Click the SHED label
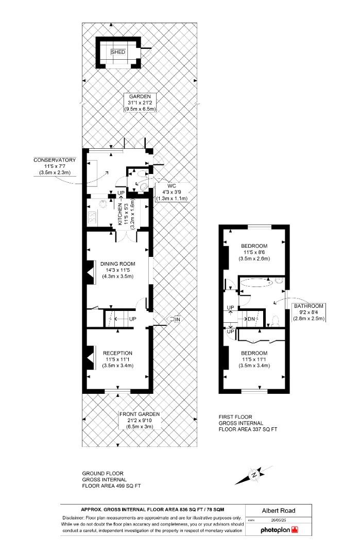click(118, 52)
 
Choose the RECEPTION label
click(118, 353)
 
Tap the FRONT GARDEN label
click(139, 413)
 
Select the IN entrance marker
click(178, 320)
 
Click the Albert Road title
click(279, 511)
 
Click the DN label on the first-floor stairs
click(251, 319)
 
